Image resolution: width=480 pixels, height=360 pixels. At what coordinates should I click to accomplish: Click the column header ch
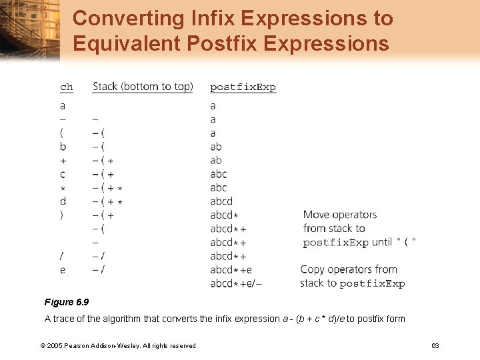click(x=66, y=87)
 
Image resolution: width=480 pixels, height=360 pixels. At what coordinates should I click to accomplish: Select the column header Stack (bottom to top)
click(x=143, y=86)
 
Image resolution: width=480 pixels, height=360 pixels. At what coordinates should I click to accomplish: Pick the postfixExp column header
click(x=243, y=87)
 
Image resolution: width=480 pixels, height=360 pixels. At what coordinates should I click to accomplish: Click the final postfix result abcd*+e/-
click(x=236, y=283)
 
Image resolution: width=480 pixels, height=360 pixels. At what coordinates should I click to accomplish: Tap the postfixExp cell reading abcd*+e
click(x=231, y=270)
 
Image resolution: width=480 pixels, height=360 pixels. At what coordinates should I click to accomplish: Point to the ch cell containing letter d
click(x=63, y=201)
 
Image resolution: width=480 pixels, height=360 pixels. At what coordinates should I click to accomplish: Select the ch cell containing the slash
click(x=63, y=256)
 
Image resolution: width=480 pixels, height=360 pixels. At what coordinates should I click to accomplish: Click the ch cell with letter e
click(x=63, y=270)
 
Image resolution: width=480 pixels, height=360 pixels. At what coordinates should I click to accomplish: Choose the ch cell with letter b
click(x=63, y=147)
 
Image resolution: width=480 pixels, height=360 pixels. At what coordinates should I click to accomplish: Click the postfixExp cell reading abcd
click(x=221, y=201)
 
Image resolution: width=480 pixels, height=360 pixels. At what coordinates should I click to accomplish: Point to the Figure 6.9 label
click(x=67, y=302)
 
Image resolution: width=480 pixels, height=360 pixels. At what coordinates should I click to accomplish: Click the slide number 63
click(x=435, y=345)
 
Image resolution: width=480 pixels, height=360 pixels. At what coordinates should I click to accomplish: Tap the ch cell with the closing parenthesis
click(x=62, y=215)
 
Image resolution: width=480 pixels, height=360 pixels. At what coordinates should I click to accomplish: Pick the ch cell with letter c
click(x=63, y=174)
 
